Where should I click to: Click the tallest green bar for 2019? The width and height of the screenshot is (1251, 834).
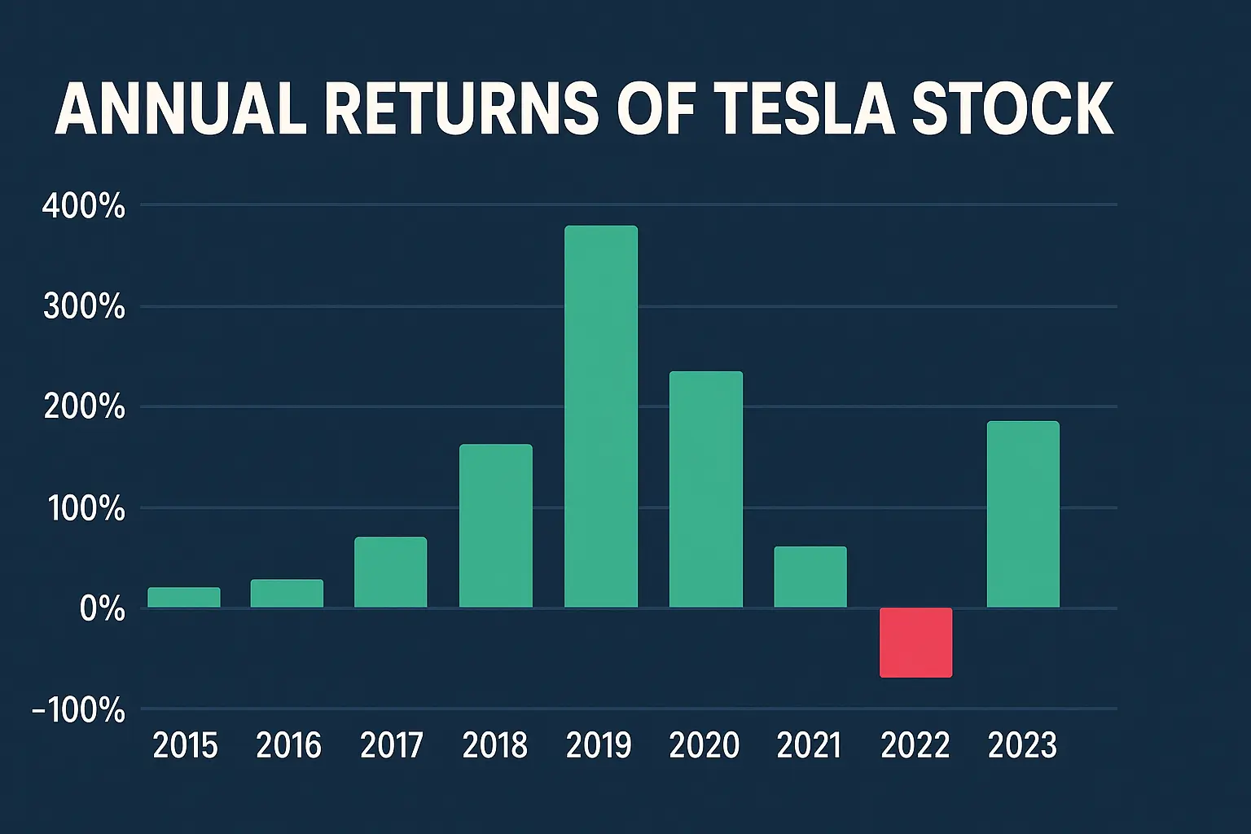pos(601,416)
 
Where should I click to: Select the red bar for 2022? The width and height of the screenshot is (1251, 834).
pos(915,643)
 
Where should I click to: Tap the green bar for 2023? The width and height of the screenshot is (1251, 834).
pos(1023,514)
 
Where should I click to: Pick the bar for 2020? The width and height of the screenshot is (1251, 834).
pos(706,489)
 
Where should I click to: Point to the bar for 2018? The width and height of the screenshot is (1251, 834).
pos(496,525)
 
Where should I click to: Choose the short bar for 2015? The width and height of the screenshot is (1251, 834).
pos(184,597)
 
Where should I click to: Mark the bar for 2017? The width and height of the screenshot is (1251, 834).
pos(391,572)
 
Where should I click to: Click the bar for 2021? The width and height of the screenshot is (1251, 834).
pos(810,577)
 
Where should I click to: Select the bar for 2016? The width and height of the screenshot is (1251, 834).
pos(287,593)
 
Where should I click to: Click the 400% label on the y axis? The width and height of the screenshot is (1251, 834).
pos(84,207)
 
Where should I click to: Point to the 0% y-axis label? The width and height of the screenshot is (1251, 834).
pos(103,609)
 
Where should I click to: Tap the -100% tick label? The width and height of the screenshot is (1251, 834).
pos(79,710)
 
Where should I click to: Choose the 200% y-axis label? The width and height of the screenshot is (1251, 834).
pos(85,407)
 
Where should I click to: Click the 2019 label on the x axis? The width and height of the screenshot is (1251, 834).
pos(599,745)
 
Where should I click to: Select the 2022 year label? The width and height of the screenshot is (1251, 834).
pos(915,745)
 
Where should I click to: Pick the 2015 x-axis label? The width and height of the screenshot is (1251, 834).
pos(186,745)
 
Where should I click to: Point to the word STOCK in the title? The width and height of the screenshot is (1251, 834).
pos(1012,108)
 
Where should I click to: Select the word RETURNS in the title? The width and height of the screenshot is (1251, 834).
pos(462,108)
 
